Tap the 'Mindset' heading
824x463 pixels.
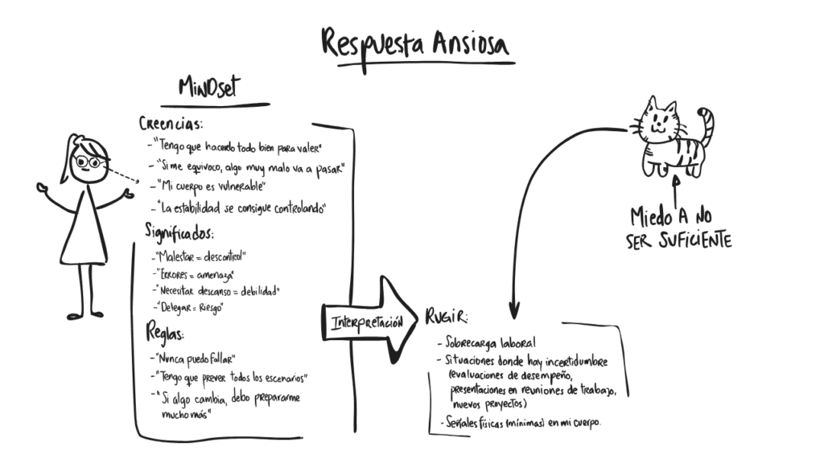(209, 87)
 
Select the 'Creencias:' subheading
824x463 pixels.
(171, 124)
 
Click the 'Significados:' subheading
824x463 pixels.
(179, 232)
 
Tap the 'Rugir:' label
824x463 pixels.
(446, 317)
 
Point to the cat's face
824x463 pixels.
(659, 121)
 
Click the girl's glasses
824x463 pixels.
(89, 162)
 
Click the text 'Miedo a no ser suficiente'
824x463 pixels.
(678, 228)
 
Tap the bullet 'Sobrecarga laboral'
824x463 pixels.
(487, 342)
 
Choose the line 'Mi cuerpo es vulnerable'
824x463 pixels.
(208, 186)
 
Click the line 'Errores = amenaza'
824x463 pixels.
(194, 275)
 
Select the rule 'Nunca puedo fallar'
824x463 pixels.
(192, 359)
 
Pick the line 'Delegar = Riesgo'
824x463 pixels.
(188, 307)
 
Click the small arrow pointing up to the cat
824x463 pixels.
(676, 191)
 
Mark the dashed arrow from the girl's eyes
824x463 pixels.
(123, 175)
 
